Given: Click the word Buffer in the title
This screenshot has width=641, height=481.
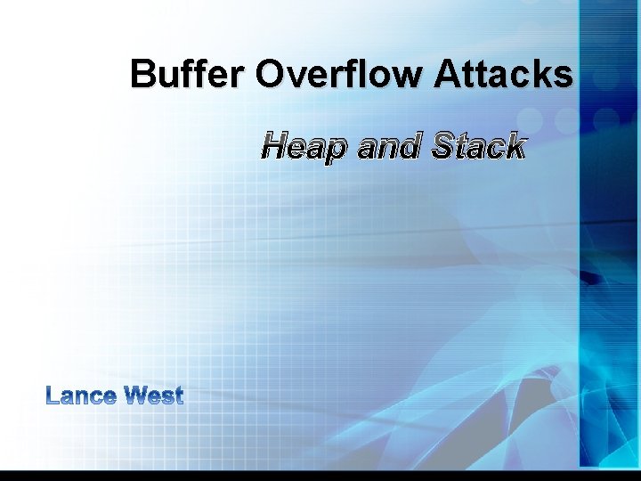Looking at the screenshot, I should click(188, 74).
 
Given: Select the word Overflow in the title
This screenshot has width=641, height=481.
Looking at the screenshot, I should click(340, 74).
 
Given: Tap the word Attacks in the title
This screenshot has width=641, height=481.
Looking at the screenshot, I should click(504, 74).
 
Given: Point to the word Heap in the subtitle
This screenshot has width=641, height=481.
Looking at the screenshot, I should click(304, 146).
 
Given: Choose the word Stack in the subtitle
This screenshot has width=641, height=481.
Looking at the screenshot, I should click(478, 146).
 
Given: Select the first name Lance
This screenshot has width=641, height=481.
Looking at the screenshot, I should click(80, 395).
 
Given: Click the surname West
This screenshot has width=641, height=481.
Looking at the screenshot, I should click(154, 395).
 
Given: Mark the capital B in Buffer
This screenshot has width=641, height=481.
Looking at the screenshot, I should click(142, 74).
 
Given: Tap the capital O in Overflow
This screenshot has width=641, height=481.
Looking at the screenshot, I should click(270, 74).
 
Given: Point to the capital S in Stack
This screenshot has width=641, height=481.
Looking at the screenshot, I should click(442, 146).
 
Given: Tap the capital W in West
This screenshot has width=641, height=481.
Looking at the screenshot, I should click(136, 395).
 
